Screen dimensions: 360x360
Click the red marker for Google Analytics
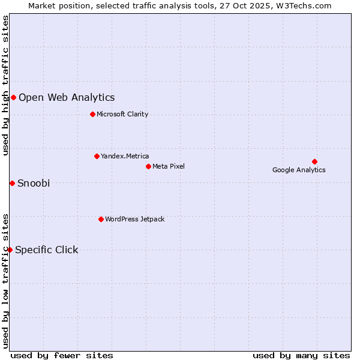click(314, 161)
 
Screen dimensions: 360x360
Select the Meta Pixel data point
click(148, 166)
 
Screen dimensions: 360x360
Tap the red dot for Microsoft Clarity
click(92, 114)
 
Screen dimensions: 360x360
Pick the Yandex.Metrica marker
click(97, 156)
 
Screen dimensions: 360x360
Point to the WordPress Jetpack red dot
click(101, 219)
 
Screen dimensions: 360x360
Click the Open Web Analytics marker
click(13, 97)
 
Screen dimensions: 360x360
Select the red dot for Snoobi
click(12, 183)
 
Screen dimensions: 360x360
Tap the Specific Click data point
click(10, 250)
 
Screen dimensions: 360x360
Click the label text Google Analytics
click(299, 170)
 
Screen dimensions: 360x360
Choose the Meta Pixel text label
click(169, 166)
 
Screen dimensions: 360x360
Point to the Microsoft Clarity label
click(122, 114)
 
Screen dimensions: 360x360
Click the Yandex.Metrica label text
click(125, 156)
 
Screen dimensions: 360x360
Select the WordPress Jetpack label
click(134, 219)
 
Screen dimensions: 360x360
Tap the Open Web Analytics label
click(67, 97)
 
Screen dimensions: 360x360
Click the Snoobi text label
click(34, 183)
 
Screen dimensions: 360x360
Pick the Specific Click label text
click(47, 250)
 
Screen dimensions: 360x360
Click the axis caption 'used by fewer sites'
click(62, 355)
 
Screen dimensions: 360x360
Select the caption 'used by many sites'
click(301, 355)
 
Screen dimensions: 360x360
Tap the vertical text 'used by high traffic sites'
click(6, 86)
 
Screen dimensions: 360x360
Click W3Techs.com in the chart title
click(304, 5)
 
